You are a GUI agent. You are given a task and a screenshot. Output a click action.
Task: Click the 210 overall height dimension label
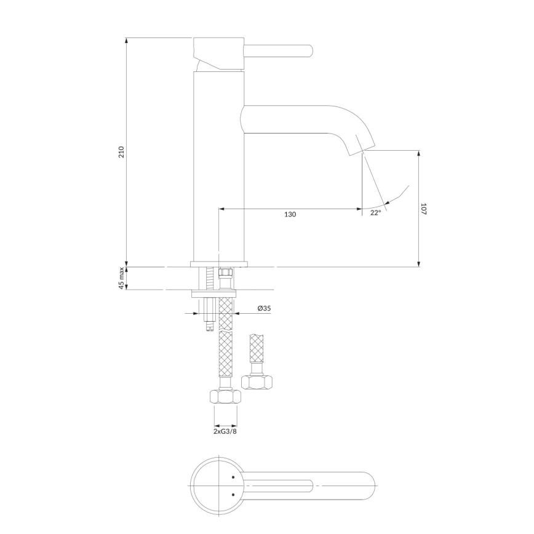click(121, 152)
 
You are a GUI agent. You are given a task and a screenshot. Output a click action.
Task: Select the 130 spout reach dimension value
click(290, 215)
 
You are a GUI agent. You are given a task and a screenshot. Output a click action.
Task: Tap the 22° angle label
click(375, 212)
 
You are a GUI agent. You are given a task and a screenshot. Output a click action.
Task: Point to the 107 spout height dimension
click(424, 209)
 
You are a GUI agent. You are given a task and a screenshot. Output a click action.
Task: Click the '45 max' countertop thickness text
click(121, 278)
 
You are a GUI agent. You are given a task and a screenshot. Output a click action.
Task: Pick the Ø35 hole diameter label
click(264, 308)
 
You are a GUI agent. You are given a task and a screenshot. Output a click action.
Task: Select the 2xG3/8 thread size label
click(225, 432)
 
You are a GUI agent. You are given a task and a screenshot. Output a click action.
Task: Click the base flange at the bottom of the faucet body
click(219, 264)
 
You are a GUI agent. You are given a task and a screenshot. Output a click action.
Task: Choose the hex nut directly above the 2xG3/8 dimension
click(225, 397)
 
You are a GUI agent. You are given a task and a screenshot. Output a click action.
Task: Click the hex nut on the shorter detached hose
click(257, 382)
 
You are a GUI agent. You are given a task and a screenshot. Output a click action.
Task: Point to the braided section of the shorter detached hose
click(257, 349)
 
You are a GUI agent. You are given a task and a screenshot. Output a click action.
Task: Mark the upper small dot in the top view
click(233, 477)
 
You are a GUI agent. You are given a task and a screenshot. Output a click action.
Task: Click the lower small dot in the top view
click(233, 493)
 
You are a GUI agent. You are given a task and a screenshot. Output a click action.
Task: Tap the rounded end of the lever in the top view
click(369, 485)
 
